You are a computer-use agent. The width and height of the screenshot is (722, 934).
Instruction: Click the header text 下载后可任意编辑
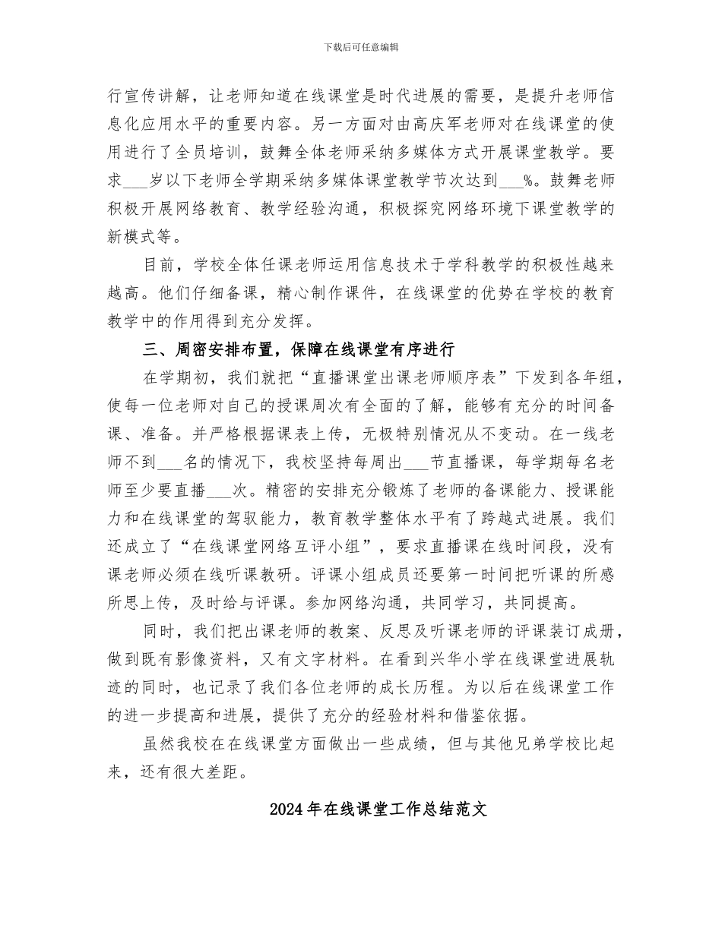pyautogui.click(x=361, y=47)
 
